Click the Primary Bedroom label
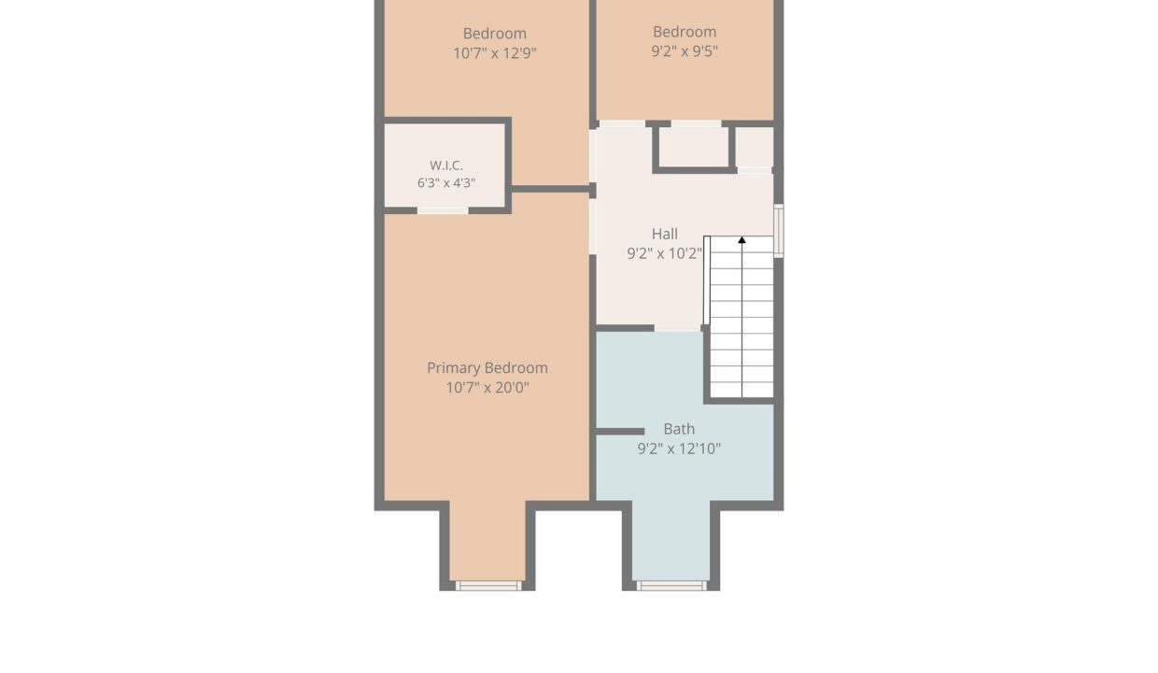[487, 367]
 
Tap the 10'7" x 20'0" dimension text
[487, 388]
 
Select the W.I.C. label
[446, 165]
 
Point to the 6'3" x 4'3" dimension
[446, 182]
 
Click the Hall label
[664, 234]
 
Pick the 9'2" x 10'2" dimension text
[664, 253]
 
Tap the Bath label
[679, 429]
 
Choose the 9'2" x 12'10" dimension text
[679, 449]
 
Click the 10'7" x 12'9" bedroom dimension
[495, 53]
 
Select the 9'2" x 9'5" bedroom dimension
[685, 51]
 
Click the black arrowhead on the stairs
[741, 240]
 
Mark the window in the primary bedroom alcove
[488, 585]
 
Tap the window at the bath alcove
[671, 585]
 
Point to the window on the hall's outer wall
[778, 231]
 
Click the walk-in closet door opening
[443, 210]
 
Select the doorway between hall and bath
[677, 328]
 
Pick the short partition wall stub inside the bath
[620, 432]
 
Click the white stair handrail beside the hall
[707, 280]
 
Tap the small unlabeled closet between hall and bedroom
[693, 147]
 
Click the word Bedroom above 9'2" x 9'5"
[685, 32]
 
